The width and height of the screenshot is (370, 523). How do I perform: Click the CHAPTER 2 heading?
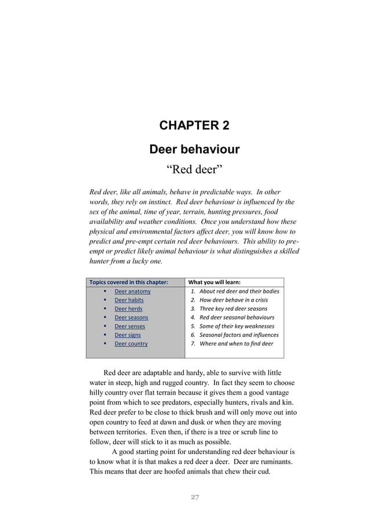194,125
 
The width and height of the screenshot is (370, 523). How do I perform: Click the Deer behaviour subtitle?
194,149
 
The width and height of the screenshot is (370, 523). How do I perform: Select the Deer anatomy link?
132,291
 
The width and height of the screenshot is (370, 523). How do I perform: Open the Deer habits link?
129,300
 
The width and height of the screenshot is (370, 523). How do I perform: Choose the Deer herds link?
128,308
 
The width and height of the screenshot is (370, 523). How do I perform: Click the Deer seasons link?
131,317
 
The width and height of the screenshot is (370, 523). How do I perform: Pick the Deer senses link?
130,326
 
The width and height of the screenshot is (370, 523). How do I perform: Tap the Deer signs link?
128,335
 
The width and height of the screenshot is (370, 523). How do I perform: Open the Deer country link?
131,343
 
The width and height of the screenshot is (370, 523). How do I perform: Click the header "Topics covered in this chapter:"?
128,282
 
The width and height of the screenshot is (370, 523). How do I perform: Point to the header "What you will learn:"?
214,282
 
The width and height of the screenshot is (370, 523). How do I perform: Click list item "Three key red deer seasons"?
233,308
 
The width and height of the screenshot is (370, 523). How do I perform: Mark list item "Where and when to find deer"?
236,343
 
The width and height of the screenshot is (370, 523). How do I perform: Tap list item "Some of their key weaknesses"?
237,326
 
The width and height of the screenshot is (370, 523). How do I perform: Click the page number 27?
195,497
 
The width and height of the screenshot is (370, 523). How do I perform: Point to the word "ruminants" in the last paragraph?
274,462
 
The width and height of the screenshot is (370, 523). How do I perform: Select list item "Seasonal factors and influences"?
239,335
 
